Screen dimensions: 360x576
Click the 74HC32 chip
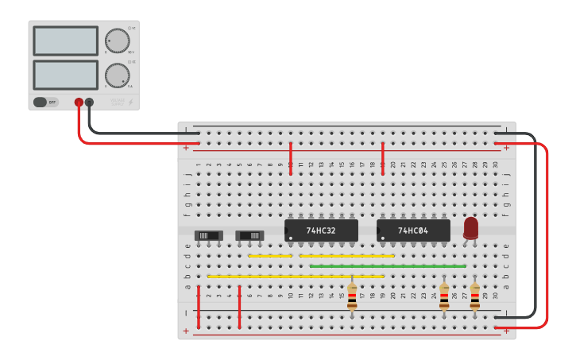pos(321,230)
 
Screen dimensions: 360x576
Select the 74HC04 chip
pos(413,230)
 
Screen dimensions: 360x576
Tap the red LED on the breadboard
pos(471,227)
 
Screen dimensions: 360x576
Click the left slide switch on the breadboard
pos(209,235)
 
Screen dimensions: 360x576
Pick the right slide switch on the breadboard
pos(249,235)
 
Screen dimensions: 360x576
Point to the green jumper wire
pos(388,266)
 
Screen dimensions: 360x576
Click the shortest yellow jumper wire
pos(270,256)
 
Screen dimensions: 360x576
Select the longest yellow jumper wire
pos(296,276)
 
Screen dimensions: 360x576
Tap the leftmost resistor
pos(352,296)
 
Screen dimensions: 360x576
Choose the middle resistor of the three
pos(444,296)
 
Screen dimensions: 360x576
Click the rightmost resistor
pos(475,296)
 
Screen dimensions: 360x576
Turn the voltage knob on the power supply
pos(117,40)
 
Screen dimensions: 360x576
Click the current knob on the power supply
pos(117,75)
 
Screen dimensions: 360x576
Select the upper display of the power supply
pos(66,41)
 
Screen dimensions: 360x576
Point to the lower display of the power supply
pos(66,75)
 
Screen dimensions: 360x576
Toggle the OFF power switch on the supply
pos(45,102)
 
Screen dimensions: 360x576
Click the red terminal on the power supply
pos(79,102)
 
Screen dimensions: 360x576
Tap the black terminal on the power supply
pos(89,102)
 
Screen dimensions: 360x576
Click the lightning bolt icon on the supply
pos(131,102)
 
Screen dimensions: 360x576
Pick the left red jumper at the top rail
pos(291,153)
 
